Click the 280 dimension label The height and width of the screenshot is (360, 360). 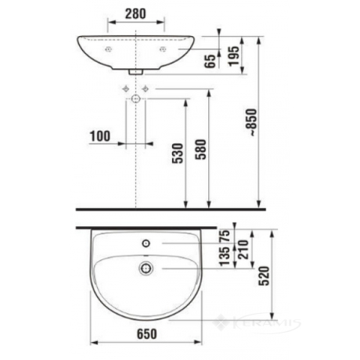[x=135, y=14]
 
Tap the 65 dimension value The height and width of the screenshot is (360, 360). [x=211, y=61]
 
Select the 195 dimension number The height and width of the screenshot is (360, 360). [x=233, y=56]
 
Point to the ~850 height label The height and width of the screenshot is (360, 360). [x=252, y=122]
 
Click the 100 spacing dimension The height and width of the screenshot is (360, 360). [x=100, y=136]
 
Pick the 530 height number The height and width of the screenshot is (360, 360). [x=178, y=153]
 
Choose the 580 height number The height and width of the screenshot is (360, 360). [x=201, y=149]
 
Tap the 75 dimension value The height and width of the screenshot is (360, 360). [x=225, y=236]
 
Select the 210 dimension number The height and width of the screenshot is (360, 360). [x=243, y=250]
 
